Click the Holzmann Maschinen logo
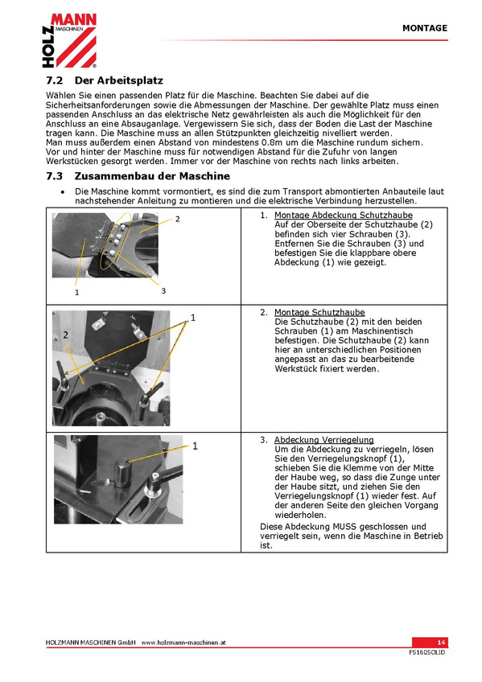(x=69, y=40)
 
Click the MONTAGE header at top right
(x=425, y=28)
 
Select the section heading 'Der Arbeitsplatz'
(x=119, y=80)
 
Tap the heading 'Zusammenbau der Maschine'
(x=152, y=176)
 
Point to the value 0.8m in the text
(x=273, y=142)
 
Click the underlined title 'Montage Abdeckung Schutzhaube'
(x=344, y=215)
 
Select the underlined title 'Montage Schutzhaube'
(x=319, y=312)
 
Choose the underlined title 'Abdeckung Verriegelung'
(x=324, y=440)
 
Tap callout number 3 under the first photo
(x=163, y=290)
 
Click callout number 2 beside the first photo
(x=178, y=219)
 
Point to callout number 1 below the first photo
(x=77, y=292)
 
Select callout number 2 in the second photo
(x=66, y=335)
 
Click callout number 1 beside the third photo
(x=195, y=446)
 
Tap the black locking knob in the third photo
(x=122, y=472)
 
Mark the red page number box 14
(x=430, y=643)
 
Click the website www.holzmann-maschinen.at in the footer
(x=183, y=643)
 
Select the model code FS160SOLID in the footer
(x=427, y=652)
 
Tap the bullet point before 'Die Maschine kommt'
(x=63, y=191)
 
